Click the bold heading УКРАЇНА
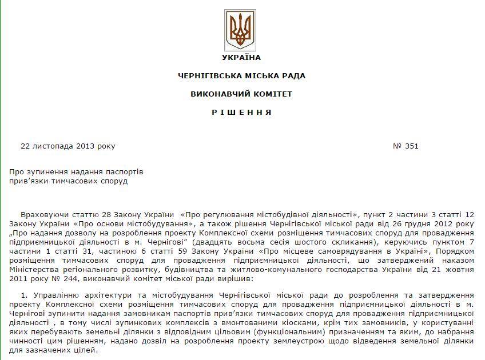(241, 57)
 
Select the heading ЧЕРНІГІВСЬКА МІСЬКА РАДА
(241, 75)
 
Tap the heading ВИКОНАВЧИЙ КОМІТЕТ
(241, 94)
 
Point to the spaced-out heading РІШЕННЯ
(241, 112)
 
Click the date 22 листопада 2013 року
(67, 146)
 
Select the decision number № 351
(406, 146)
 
